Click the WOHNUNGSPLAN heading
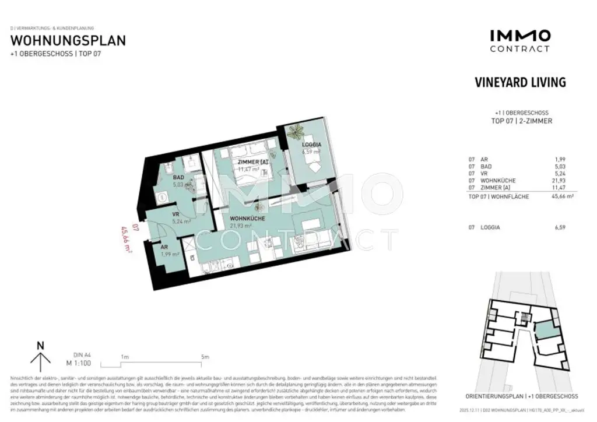click(x=68, y=41)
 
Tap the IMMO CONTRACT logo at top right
click(x=519, y=41)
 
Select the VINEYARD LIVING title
click(x=520, y=82)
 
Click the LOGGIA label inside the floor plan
click(x=311, y=144)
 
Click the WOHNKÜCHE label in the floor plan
click(x=248, y=219)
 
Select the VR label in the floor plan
click(x=175, y=214)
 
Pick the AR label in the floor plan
click(x=165, y=247)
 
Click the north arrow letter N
click(x=40, y=345)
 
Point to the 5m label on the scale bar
click(x=205, y=357)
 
